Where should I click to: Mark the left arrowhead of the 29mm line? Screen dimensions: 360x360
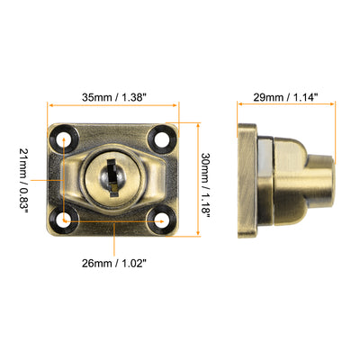[x=239, y=109]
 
